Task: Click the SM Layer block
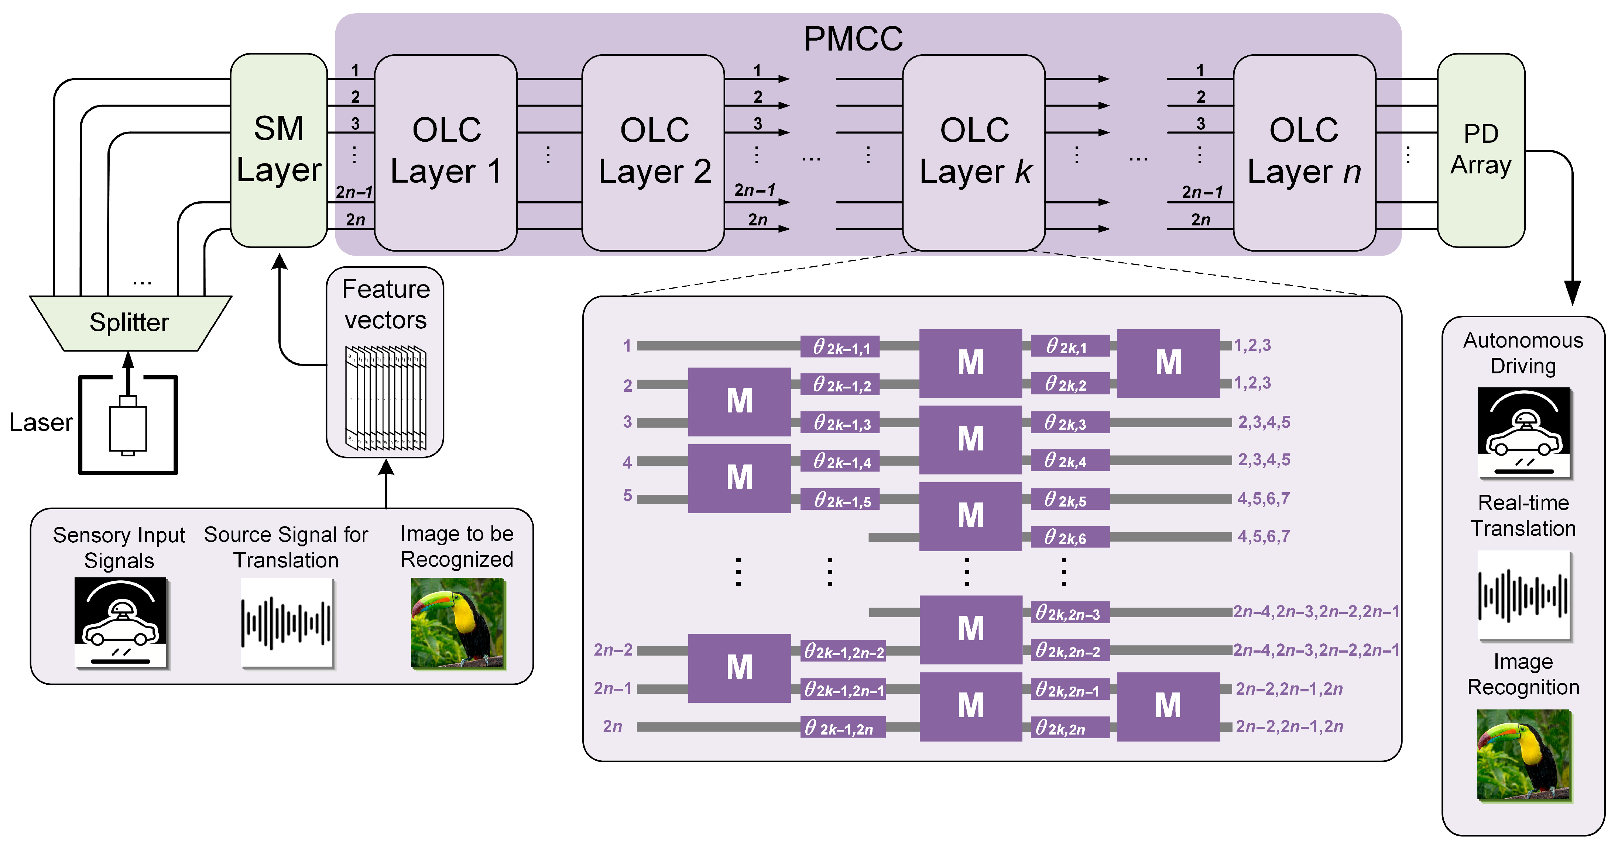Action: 278,151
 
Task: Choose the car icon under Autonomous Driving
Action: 1523,432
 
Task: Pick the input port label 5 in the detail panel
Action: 627,495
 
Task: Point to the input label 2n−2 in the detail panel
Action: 613,650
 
